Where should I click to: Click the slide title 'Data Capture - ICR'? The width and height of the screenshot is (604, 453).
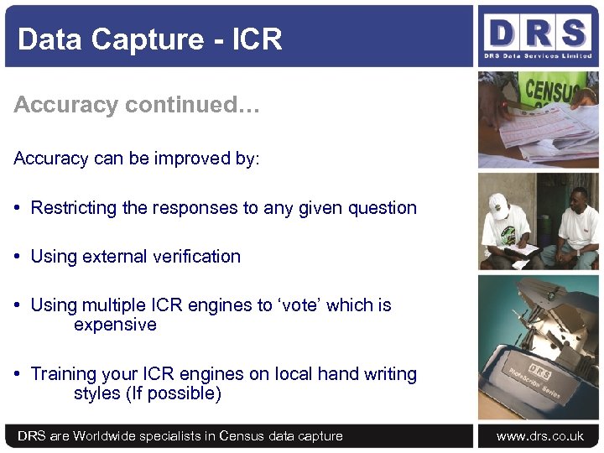[149, 39]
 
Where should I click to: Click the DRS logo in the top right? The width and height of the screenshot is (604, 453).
[537, 36]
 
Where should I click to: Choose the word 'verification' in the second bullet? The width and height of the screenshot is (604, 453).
[195, 257]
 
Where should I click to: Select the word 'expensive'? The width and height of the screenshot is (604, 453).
[115, 325]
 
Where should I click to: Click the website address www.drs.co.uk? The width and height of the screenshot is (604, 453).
[539, 436]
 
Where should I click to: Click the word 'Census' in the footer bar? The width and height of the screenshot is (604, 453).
[242, 436]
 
